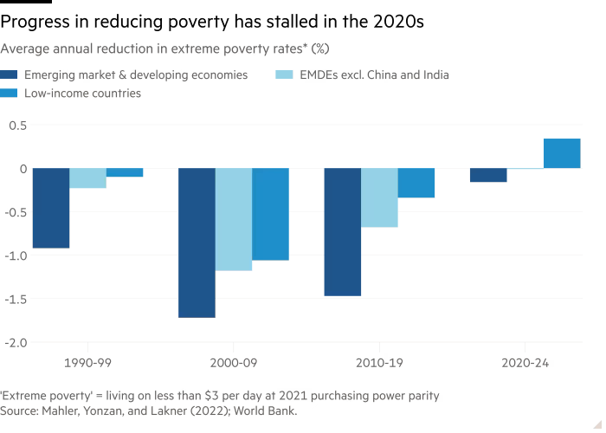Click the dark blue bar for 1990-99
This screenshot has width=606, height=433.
(51, 208)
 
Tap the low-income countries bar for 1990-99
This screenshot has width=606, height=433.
(125, 172)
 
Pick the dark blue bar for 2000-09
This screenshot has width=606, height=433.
(197, 242)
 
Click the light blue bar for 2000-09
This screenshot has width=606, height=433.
(234, 219)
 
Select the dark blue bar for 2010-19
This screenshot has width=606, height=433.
(343, 232)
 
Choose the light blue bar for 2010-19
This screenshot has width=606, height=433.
(379, 197)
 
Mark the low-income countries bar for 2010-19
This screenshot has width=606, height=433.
(416, 183)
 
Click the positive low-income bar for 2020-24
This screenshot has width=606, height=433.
(563, 153)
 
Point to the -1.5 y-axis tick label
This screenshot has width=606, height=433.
(15, 299)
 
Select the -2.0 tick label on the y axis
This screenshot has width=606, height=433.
(15, 342)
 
